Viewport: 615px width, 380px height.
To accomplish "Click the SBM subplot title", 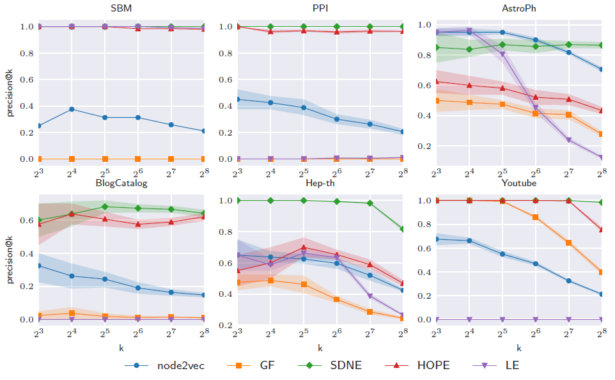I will point(121,9).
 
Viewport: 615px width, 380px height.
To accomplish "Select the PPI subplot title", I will point(320,9).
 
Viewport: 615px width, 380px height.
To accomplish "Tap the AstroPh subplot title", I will point(518,9).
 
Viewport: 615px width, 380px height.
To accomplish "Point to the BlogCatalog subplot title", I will point(121,183).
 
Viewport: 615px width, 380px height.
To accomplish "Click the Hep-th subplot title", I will point(320,183).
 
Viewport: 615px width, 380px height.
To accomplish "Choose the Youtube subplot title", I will point(518,183).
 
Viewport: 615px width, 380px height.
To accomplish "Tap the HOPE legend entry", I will point(433,365).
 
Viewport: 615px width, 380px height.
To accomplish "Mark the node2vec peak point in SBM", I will point(72,109).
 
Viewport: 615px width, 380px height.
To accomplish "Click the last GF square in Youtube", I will point(602,272).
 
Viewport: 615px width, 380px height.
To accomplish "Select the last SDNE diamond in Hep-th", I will point(403,229).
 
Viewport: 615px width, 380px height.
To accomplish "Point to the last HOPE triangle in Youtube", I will point(602,230).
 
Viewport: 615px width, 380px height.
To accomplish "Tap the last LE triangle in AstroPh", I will point(602,157).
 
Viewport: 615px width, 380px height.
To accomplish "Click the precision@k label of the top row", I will point(10,93).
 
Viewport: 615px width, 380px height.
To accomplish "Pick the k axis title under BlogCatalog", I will point(121,348).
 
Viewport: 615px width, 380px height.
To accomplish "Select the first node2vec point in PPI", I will point(238,99).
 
